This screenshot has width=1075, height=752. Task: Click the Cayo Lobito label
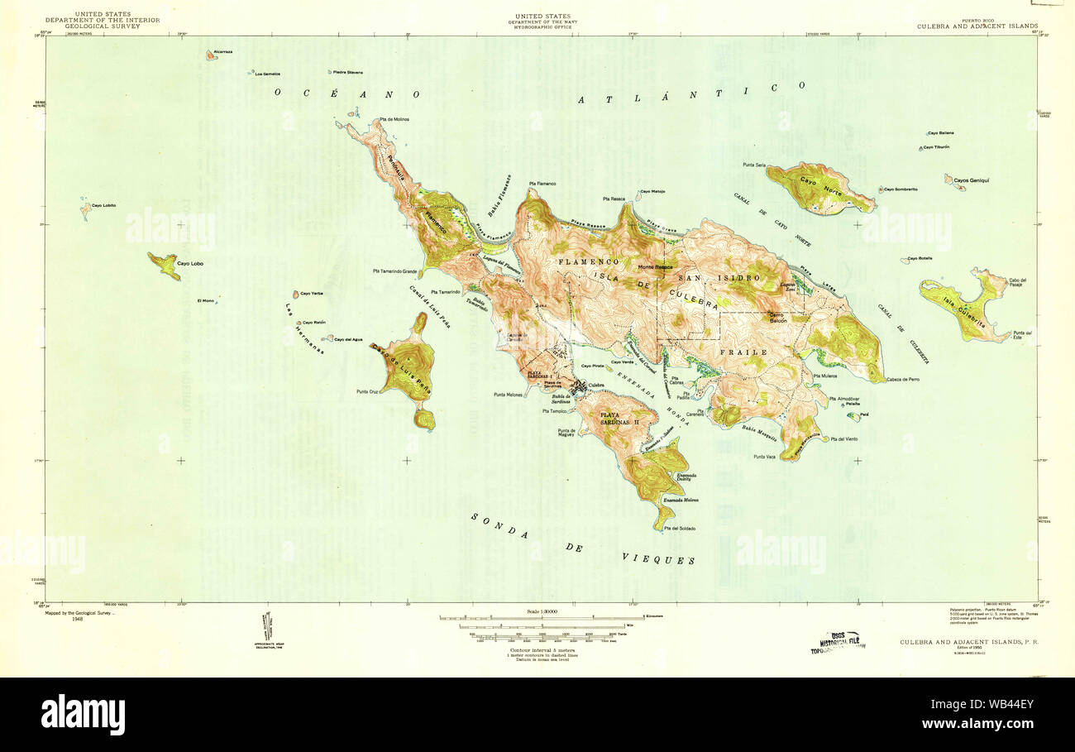(x=103, y=205)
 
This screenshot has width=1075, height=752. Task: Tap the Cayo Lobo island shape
(x=165, y=265)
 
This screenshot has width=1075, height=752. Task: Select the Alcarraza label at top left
(x=223, y=51)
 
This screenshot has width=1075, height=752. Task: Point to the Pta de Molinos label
(x=395, y=119)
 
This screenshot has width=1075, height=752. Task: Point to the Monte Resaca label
(x=654, y=267)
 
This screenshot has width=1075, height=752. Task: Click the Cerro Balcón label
(x=775, y=317)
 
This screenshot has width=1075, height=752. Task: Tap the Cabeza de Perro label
(x=903, y=379)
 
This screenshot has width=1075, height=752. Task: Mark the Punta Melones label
(x=509, y=395)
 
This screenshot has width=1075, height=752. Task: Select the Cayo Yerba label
(x=311, y=294)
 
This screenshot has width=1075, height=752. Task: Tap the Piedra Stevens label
(x=348, y=72)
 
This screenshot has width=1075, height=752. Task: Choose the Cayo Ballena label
(x=941, y=132)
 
